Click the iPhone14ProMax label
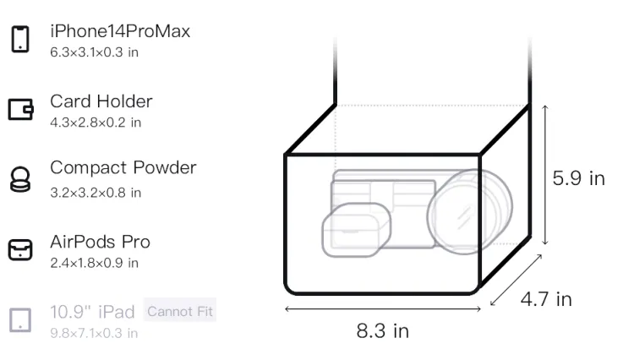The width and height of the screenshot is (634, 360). point(120,31)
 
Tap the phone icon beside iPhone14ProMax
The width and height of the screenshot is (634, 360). point(20,39)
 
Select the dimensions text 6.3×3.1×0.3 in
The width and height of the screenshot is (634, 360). point(94,52)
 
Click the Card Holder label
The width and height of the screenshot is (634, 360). point(101,101)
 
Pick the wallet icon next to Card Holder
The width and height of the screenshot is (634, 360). point(20,109)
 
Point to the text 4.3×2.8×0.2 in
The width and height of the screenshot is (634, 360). point(96,123)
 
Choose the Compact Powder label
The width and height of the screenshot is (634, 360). point(123,167)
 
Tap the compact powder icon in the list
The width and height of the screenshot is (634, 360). point(19,179)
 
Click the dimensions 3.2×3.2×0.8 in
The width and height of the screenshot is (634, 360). point(96,193)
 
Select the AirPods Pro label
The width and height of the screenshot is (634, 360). point(100,242)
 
